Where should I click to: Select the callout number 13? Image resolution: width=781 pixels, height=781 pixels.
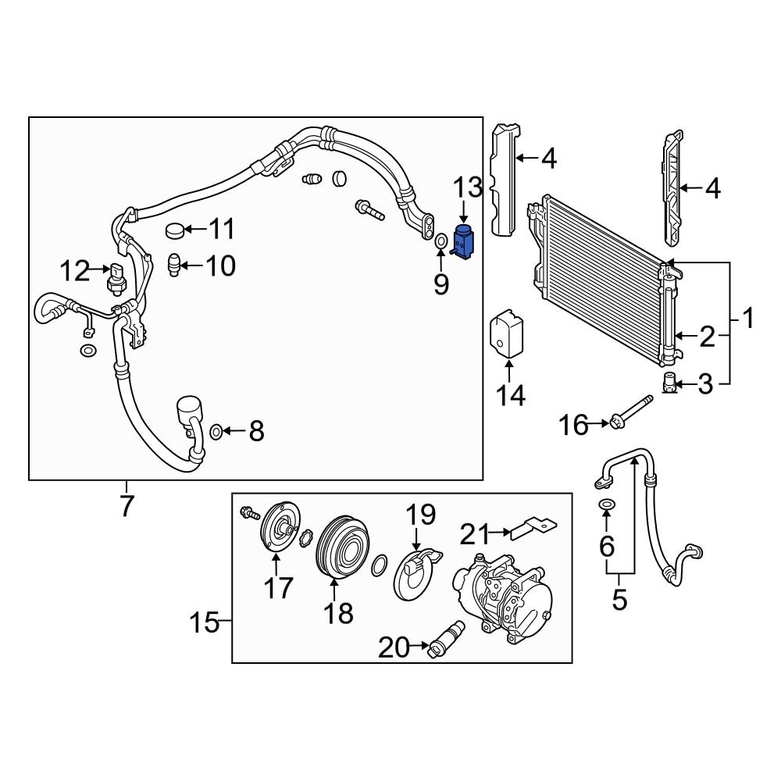469,188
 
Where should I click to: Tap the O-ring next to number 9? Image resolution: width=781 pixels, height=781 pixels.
440,241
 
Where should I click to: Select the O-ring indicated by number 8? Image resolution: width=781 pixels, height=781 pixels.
216,430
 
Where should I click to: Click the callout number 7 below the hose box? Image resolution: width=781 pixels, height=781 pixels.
127,505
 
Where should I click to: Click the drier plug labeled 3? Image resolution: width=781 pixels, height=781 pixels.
669,383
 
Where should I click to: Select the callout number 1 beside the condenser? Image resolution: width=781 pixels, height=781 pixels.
747,319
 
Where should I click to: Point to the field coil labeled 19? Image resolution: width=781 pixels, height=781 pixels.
415,574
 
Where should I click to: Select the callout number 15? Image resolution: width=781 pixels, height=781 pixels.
204,623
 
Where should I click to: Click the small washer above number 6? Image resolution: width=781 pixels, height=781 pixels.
607,507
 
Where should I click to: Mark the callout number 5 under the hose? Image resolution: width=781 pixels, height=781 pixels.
619,600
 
